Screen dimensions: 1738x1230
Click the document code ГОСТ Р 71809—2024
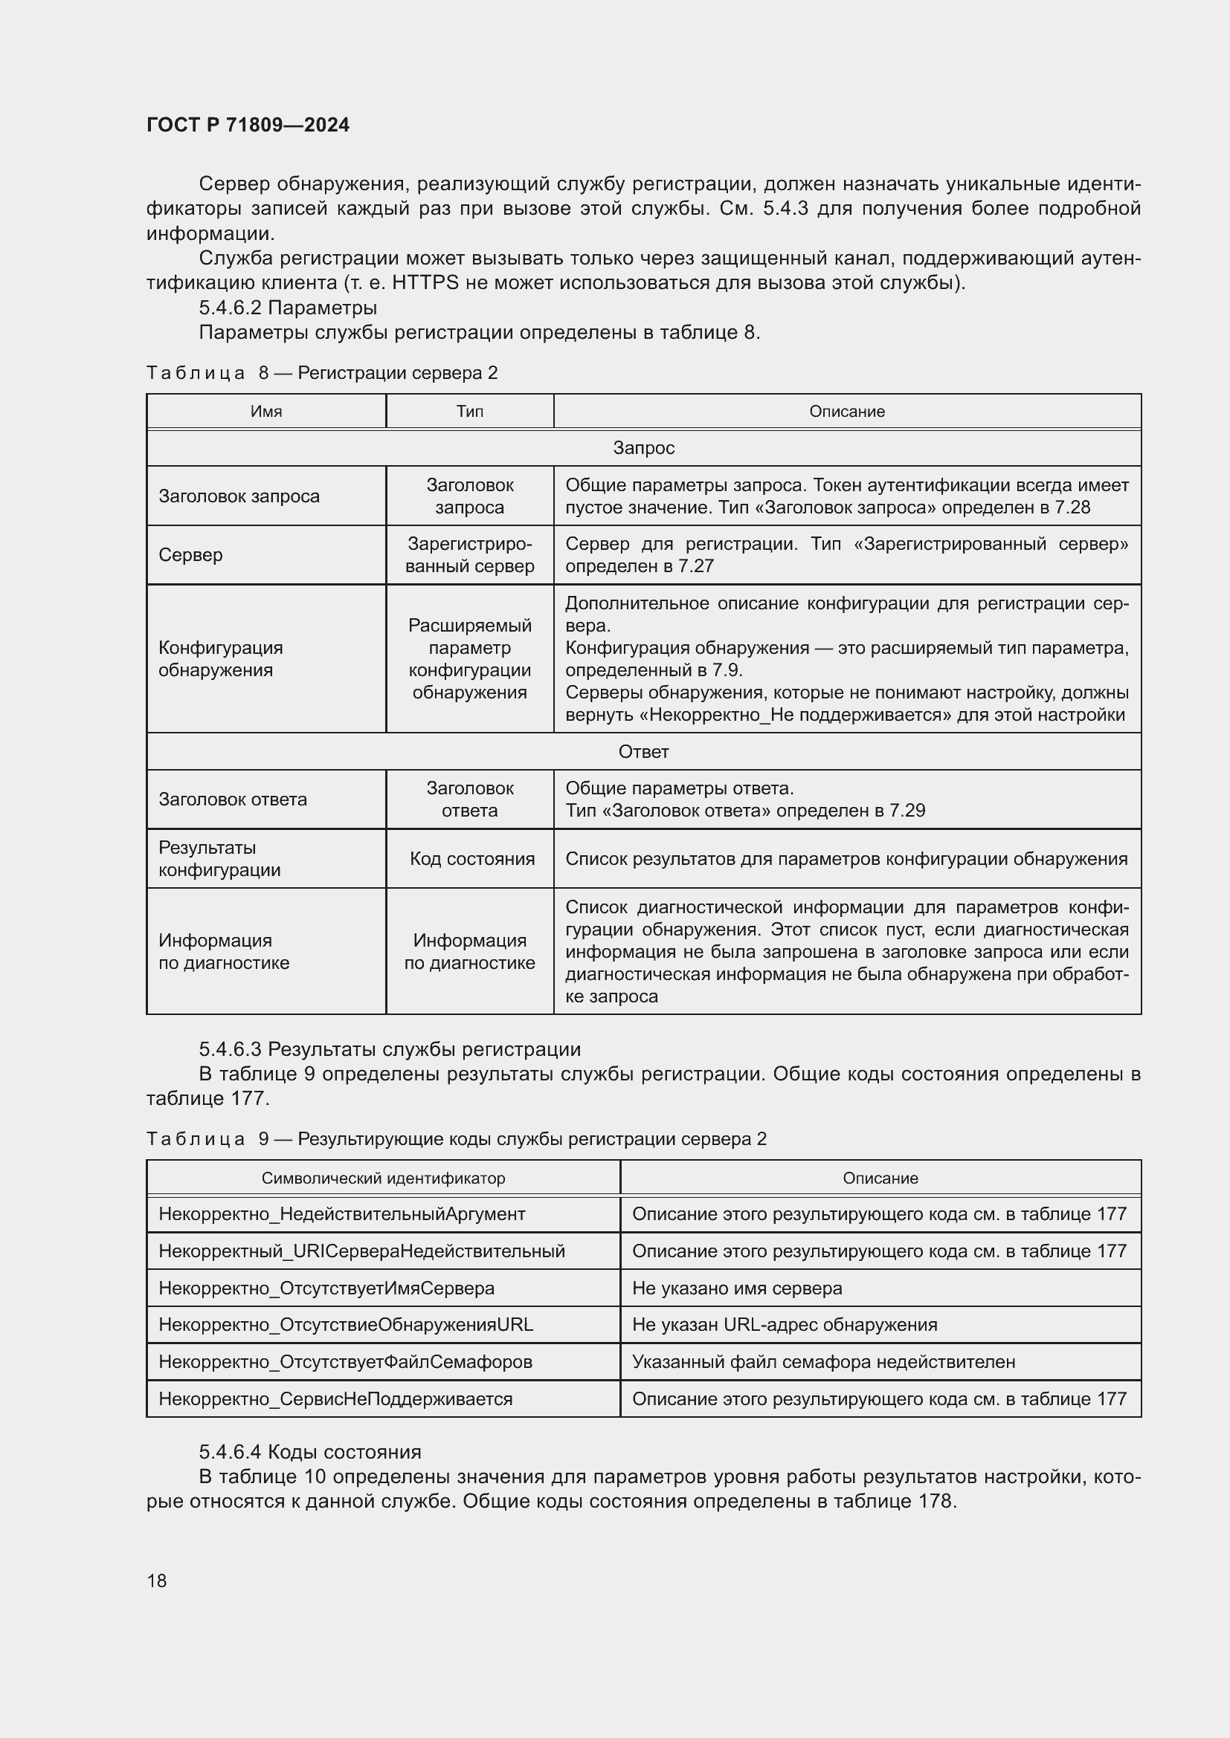coord(248,125)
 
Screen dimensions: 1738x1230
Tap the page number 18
coord(157,1580)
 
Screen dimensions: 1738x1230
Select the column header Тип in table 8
coord(469,411)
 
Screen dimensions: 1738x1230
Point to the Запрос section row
coord(643,447)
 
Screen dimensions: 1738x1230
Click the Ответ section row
coord(643,752)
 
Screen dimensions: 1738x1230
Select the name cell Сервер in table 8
coord(191,555)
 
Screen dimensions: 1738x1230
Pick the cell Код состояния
coord(472,858)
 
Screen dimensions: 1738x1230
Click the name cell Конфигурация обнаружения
coord(220,658)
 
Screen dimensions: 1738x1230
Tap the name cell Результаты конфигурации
coord(219,858)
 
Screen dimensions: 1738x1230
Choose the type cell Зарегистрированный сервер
coord(469,555)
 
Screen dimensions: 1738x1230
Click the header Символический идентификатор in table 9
coord(383,1178)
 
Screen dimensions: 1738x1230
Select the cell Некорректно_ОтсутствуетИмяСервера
coord(326,1288)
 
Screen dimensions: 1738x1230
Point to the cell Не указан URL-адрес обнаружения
coord(785,1324)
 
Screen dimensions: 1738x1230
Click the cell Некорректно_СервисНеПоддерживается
coord(335,1398)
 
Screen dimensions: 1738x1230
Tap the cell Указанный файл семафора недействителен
coord(823,1361)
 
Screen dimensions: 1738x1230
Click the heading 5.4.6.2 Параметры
coord(288,308)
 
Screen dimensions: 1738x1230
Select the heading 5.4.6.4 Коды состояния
coord(310,1451)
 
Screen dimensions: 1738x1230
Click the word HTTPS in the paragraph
coord(425,283)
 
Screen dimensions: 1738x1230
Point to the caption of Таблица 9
coord(456,1138)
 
